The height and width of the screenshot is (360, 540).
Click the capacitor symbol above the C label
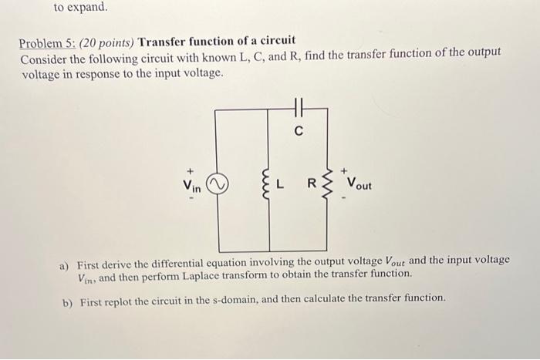[298, 110]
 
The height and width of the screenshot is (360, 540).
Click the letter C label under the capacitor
[298, 131]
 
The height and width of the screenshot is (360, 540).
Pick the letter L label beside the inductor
[282, 185]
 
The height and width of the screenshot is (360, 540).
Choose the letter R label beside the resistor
[312, 185]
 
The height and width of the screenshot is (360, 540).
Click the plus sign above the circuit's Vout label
[345, 170]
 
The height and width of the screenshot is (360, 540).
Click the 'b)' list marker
[66, 299]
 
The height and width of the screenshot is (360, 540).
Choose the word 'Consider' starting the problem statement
[43, 59]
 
